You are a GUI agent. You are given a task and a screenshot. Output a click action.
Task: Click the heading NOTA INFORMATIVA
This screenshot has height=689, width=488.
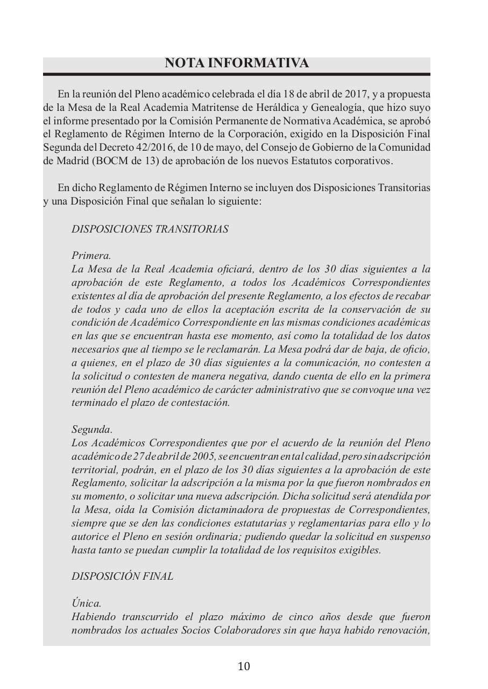[x=237, y=64]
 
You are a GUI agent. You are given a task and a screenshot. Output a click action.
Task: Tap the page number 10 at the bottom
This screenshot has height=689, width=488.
[x=244, y=666]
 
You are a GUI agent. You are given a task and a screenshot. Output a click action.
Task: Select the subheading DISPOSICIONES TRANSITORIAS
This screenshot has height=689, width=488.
[x=150, y=229]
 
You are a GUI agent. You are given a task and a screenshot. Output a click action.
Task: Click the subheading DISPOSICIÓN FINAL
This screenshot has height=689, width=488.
[x=122, y=576]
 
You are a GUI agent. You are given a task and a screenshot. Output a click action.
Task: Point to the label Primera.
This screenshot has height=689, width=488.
[x=91, y=256]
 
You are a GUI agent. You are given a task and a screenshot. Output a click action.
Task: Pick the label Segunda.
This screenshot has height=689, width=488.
[x=92, y=430]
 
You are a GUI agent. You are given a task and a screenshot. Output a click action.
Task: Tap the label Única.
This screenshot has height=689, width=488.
[x=86, y=603]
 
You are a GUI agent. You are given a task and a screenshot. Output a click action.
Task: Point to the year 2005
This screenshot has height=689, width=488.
[x=202, y=456]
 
